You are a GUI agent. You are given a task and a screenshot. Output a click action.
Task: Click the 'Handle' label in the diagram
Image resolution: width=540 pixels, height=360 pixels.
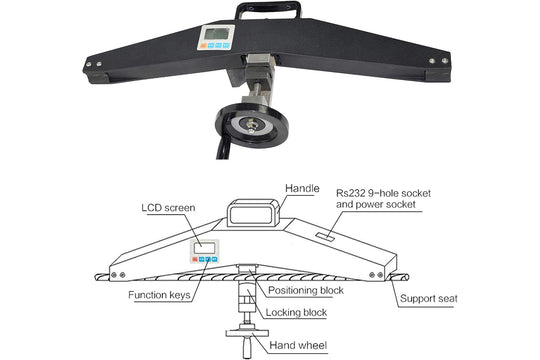pyautogui.click(x=302, y=188)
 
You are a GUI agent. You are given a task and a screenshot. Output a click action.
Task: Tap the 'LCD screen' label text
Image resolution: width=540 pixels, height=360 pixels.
pyautogui.click(x=168, y=208)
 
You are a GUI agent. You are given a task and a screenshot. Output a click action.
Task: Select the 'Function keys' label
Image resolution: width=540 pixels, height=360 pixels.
pyautogui.click(x=159, y=295)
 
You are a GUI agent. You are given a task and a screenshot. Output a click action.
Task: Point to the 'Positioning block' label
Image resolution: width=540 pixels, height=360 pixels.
pyautogui.click(x=306, y=290)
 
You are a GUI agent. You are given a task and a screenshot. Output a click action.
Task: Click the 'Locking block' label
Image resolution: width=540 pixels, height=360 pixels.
pyautogui.click(x=296, y=312)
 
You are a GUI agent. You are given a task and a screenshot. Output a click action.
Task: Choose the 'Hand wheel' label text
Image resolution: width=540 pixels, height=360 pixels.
pyautogui.click(x=298, y=345)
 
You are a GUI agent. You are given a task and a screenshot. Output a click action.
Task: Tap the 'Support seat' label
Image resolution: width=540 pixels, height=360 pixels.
pyautogui.click(x=429, y=298)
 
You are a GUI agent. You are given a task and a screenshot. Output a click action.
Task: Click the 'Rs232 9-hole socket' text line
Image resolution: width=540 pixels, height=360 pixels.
pyautogui.click(x=383, y=193)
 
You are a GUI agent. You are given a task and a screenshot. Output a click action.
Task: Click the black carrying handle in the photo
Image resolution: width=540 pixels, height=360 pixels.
pyautogui.click(x=268, y=9)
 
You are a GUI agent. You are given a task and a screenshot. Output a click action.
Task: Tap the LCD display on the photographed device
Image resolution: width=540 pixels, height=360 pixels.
pyautogui.click(x=216, y=34)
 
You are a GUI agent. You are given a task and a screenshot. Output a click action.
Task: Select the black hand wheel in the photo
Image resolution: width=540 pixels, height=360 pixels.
pyautogui.click(x=251, y=125)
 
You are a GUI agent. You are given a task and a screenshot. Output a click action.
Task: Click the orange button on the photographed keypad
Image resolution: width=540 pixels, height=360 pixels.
pyautogui.click(x=203, y=45)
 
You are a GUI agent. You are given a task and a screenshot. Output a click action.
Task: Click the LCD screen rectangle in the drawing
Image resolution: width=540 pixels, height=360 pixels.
pyautogui.click(x=205, y=248)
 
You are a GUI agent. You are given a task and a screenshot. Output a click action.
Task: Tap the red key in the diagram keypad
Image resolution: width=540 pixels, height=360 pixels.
pyautogui.click(x=195, y=259)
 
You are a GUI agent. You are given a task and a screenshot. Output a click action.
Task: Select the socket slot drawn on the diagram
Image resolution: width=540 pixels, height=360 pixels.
pyautogui.click(x=325, y=237)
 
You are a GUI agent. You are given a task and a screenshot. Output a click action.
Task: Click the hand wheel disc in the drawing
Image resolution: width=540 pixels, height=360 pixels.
pyautogui.click(x=247, y=333)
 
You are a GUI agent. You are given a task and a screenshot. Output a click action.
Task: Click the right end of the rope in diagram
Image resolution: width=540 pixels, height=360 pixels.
pyautogui.click(x=408, y=277)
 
